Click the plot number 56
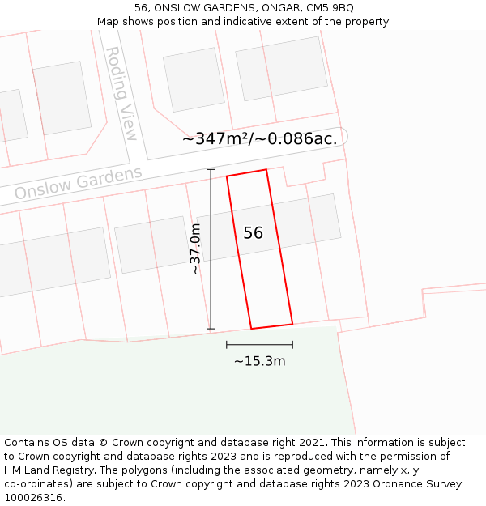pos(253,233)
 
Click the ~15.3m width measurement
pos(259,361)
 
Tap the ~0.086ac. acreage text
pos(296,138)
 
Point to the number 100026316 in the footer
pos(32,498)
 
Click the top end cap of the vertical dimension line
pos(211,169)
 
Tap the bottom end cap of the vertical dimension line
pos(211,329)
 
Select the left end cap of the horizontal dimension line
pos(227,345)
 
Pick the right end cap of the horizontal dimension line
pos(292,345)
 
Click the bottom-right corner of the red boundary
pos(292,324)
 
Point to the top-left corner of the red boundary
pos(227,176)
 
